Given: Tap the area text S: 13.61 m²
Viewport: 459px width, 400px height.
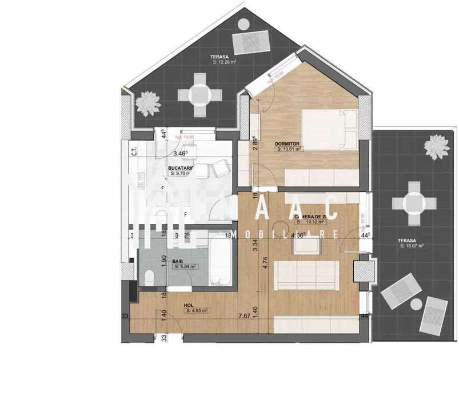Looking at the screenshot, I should tap(289, 149).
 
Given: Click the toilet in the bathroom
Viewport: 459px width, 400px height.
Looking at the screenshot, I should tap(149, 277).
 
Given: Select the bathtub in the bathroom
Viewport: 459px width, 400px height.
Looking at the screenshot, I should tap(219, 260).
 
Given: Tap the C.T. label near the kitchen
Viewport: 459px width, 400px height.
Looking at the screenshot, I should tap(133, 152).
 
